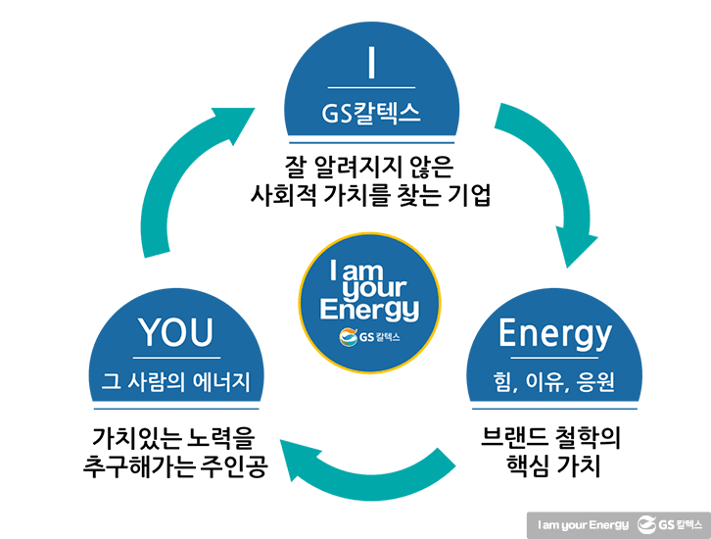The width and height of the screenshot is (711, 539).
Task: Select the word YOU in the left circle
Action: [176, 333]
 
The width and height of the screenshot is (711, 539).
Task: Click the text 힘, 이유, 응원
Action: [555, 381]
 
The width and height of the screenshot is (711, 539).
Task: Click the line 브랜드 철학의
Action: [555, 434]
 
